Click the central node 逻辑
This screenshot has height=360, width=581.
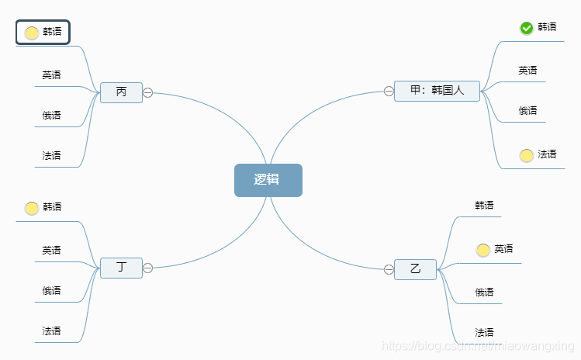pos(268,180)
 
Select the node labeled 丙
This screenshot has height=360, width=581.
pos(121,92)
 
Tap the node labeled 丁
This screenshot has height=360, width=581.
pos(121,268)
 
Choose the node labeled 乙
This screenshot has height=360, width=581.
pos(415,269)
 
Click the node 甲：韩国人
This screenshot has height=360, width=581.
pos(437,91)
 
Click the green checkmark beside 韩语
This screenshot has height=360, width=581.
pos(527,28)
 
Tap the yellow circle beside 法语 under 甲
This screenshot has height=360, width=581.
pos(527,155)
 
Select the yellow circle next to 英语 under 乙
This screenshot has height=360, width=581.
pos(483,250)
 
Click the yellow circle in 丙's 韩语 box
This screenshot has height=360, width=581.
pos(32,33)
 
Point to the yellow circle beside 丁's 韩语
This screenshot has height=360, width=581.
pos(32,208)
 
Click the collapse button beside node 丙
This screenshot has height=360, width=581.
pos(148,93)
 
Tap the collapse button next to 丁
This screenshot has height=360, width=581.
pos(148,268)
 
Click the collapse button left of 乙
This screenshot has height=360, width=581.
pos(389,269)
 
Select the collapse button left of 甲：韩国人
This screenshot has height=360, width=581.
pos(389,91)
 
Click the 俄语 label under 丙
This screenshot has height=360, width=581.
pos(52,116)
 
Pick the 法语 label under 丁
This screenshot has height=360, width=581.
pos(52,331)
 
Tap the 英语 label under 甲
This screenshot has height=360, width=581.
pos(528,71)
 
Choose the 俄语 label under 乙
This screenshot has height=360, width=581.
pos(485,292)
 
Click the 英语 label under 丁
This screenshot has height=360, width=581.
pos(52,251)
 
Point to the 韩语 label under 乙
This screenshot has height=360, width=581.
pos(485,206)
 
